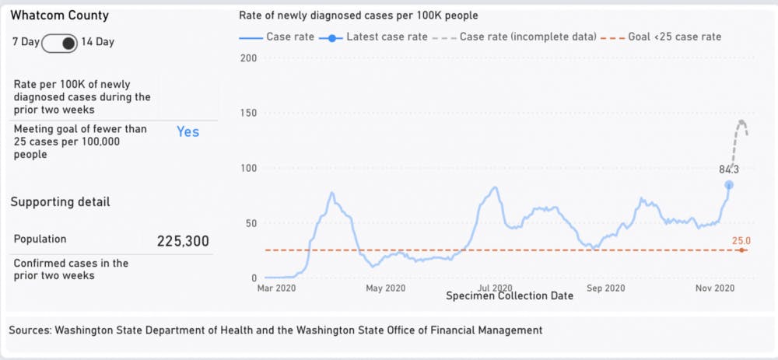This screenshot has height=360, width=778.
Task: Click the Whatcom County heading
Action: coord(59,16)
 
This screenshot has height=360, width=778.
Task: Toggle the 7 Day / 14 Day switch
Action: coord(61,42)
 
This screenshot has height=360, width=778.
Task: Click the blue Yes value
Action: coord(187,132)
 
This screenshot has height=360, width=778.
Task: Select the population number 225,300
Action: coord(183,241)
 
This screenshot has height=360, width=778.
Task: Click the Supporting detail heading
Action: coord(60,202)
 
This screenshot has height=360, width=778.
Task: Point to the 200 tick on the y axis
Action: coord(248,58)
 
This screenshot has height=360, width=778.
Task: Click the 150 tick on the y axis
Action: coord(248,114)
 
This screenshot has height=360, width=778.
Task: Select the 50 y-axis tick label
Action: coord(251,224)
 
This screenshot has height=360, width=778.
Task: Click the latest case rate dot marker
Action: coord(729,185)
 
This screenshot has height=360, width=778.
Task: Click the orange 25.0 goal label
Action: coord(741,241)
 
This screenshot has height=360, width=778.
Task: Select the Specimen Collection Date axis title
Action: coord(510,295)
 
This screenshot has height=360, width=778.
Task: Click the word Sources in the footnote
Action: coord(30,330)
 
